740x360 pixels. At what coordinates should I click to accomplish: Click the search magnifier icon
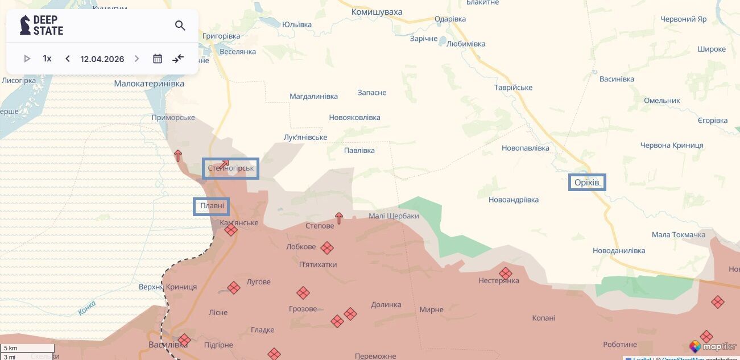180,26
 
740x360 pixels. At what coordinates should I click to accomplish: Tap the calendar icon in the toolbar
158,59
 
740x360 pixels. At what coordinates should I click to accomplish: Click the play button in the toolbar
27,59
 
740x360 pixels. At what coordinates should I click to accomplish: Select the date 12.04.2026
102,59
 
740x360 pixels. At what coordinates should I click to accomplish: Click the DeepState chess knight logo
25,25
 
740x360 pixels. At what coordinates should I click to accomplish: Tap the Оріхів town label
587,183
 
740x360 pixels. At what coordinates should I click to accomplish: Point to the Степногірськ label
230,168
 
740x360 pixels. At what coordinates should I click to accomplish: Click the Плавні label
212,206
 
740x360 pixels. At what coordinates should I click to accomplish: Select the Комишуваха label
377,12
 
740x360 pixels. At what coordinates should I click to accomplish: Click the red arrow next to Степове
339,218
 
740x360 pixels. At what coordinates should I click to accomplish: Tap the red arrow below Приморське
178,155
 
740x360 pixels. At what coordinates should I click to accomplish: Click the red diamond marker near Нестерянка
505,274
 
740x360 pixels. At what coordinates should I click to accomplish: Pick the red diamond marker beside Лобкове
326,248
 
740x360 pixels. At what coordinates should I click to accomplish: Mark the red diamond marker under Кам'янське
230,230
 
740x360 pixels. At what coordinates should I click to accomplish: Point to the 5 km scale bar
28,348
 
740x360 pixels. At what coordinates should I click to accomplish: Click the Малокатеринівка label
149,84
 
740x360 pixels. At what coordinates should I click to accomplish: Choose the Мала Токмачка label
678,235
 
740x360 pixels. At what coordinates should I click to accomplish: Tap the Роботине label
620,345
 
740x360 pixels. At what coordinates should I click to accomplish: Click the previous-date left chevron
68,59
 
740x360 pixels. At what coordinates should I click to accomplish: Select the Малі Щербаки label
394,216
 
